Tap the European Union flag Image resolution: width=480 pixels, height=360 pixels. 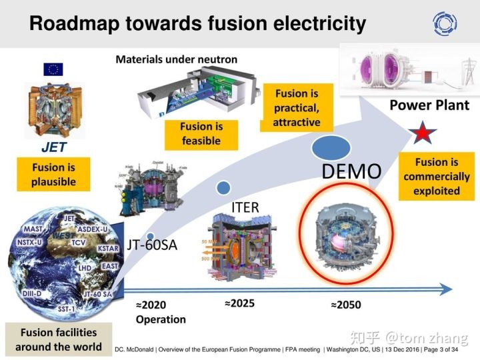pyautogui.click(x=53, y=69)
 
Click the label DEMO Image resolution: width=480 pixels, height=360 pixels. pyautogui.click(x=352, y=171)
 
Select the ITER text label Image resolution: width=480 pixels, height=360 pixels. pyautogui.click(x=245, y=207)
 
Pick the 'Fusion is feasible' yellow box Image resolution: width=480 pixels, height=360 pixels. pyautogui.click(x=200, y=133)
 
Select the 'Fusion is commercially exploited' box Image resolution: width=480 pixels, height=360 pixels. pyautogui.click(x=437, y=176)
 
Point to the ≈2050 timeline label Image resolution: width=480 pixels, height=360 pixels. pyautogui.click(x=345, y=305)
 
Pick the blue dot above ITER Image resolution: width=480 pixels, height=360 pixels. pyautogui.click(x=224, y=187)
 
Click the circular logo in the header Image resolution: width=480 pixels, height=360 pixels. pyautogui.click(x=445, y=24)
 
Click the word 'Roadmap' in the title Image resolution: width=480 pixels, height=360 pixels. pyautogui.click(x=73, y=25)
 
